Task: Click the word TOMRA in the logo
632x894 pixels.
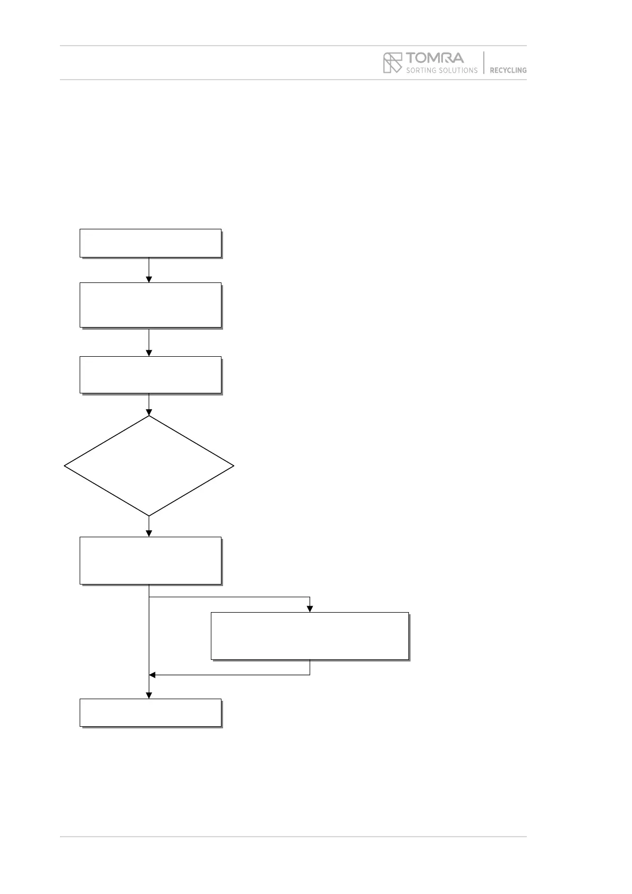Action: tap(435, 57)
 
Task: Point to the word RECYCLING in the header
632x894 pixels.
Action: tap(508, 70)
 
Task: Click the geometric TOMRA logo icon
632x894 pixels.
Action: tap(392, 63)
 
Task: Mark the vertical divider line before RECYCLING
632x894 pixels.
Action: tap(484, 63)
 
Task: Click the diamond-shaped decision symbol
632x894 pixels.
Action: tap(149, 466)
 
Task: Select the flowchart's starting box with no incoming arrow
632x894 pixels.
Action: tap(150, 243)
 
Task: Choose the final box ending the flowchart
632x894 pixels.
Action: tap(150, 712)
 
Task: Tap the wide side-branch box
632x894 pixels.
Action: tap(310, 635)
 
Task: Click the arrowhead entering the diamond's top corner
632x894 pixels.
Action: tap(149, 412)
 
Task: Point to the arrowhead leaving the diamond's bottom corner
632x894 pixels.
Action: tap(149, 534)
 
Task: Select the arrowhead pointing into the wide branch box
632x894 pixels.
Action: tap(310, 609)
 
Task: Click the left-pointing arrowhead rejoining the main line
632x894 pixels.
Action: tap(152, 675)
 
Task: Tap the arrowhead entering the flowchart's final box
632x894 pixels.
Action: tap(149, 695)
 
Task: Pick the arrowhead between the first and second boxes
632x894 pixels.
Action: tap(149, 279)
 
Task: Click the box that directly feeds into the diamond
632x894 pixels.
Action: tap(150, 375)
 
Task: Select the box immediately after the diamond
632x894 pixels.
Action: tap(150, 560)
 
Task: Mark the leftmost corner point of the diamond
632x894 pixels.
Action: tap(65, 466)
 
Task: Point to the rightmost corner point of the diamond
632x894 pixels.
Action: tap(233, 466)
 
